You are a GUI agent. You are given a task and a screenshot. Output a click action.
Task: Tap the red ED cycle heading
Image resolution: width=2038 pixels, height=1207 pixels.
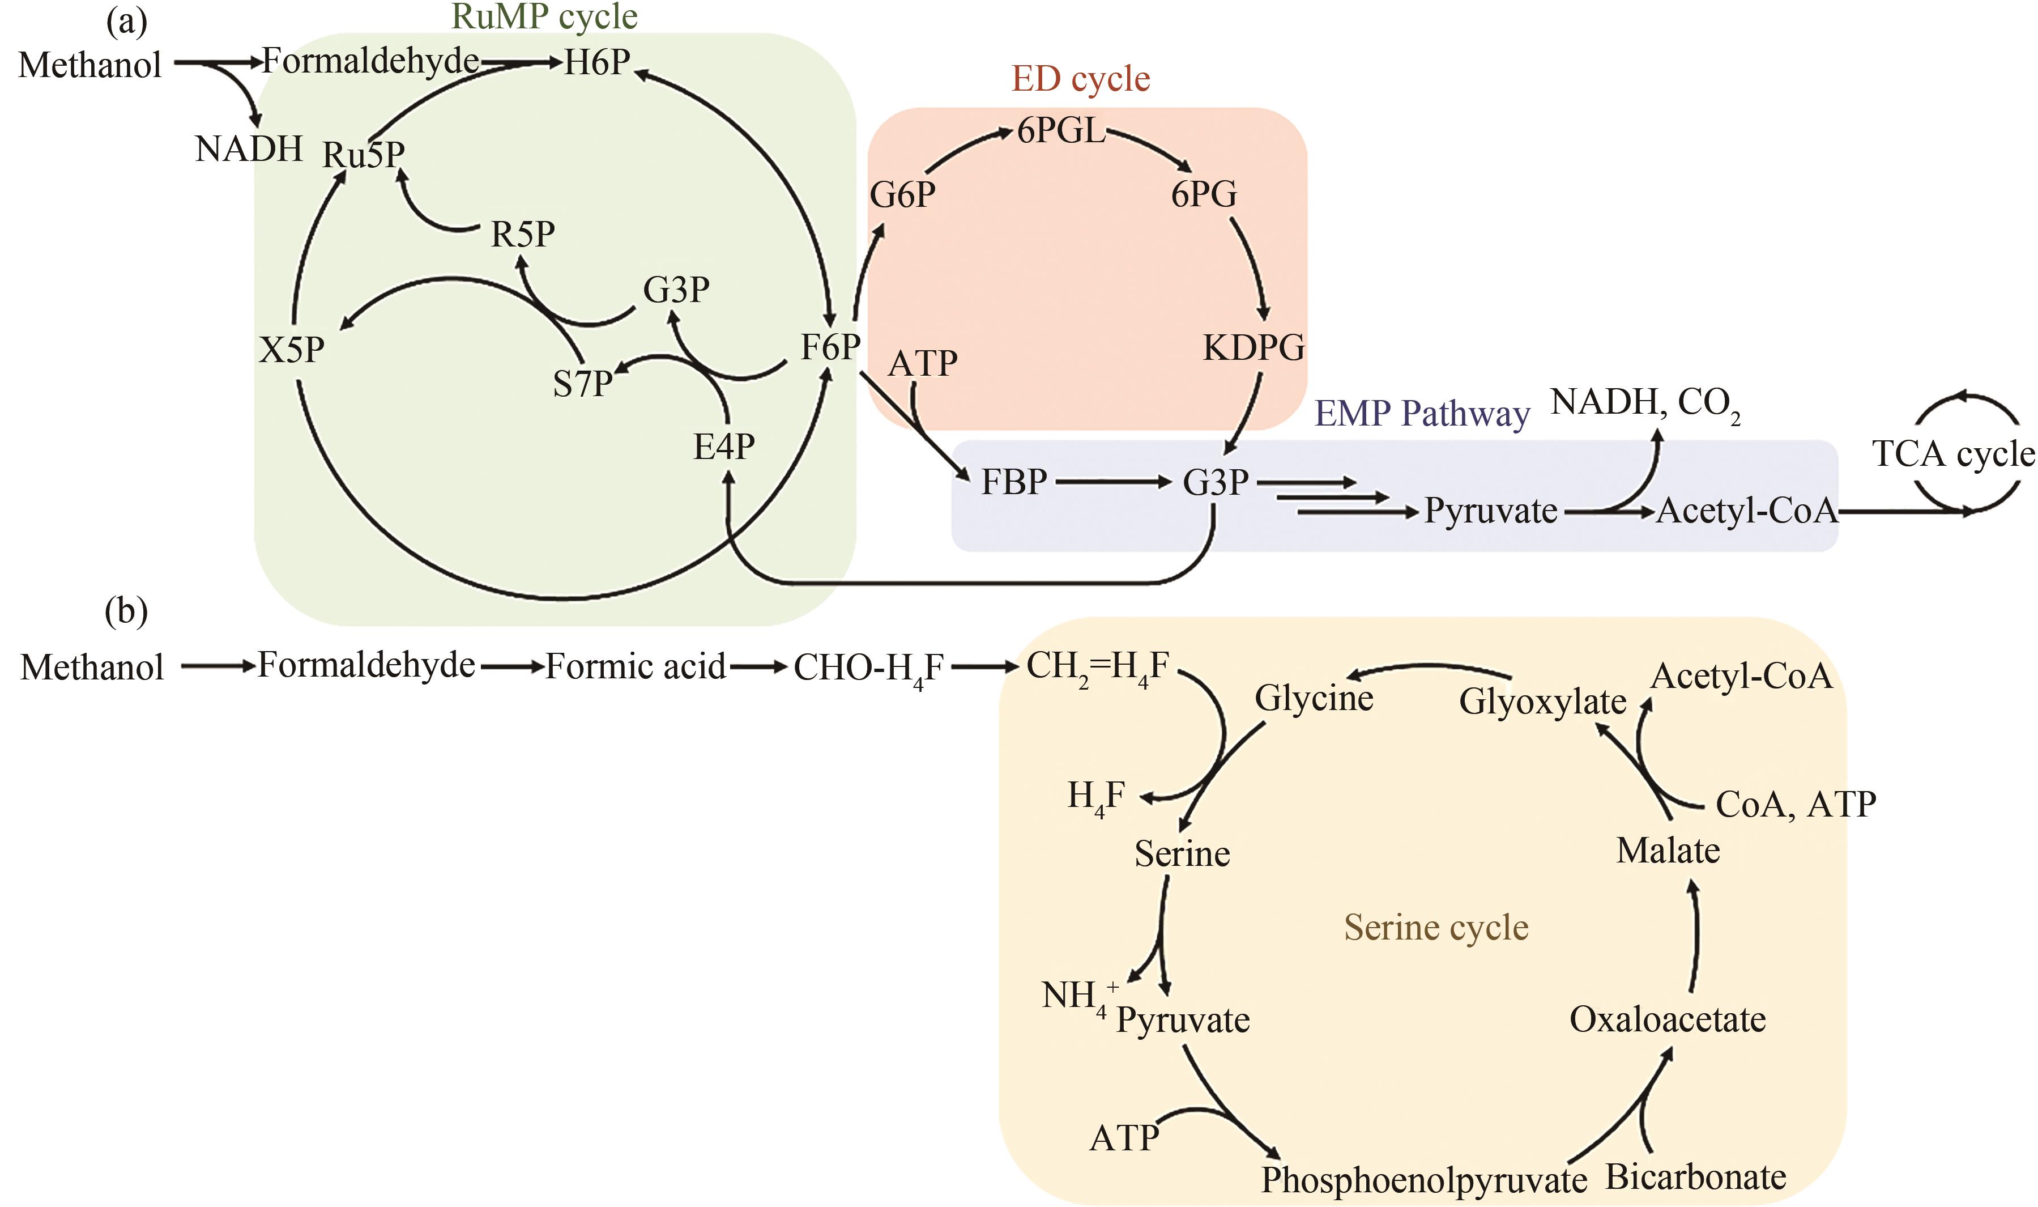(1080, 79)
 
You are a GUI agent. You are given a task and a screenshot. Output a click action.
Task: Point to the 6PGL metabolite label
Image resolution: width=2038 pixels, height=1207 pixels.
(1061, 130)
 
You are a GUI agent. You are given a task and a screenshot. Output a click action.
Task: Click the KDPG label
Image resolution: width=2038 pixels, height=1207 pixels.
(1253, 347)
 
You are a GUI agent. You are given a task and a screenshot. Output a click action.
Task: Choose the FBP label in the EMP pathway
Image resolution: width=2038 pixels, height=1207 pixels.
(1014, 482)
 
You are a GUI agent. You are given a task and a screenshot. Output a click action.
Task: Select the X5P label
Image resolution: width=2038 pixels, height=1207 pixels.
(291, 350)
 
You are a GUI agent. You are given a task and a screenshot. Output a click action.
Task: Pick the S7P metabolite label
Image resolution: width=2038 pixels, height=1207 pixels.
(582, 384)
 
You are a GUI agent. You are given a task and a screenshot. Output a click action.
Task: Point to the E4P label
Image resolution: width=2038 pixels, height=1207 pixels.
(723, 446)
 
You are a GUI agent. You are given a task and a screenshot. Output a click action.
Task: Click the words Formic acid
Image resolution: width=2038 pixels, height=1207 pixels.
(635, 667)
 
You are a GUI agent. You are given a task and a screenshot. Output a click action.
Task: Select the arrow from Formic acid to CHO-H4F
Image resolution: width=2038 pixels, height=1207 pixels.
(758, 668)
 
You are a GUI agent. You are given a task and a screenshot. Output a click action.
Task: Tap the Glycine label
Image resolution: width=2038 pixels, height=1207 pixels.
(1314, 698)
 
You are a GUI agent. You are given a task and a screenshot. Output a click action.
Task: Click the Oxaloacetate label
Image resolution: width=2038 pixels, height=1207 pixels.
(1668, 1019)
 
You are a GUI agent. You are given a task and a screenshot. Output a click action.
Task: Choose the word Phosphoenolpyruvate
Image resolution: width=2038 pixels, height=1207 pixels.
(1423, 1179)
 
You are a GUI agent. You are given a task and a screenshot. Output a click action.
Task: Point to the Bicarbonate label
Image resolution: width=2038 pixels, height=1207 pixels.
(1696, 1177)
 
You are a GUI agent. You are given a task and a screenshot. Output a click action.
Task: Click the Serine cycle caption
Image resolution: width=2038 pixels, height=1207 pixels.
(1436, 927)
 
